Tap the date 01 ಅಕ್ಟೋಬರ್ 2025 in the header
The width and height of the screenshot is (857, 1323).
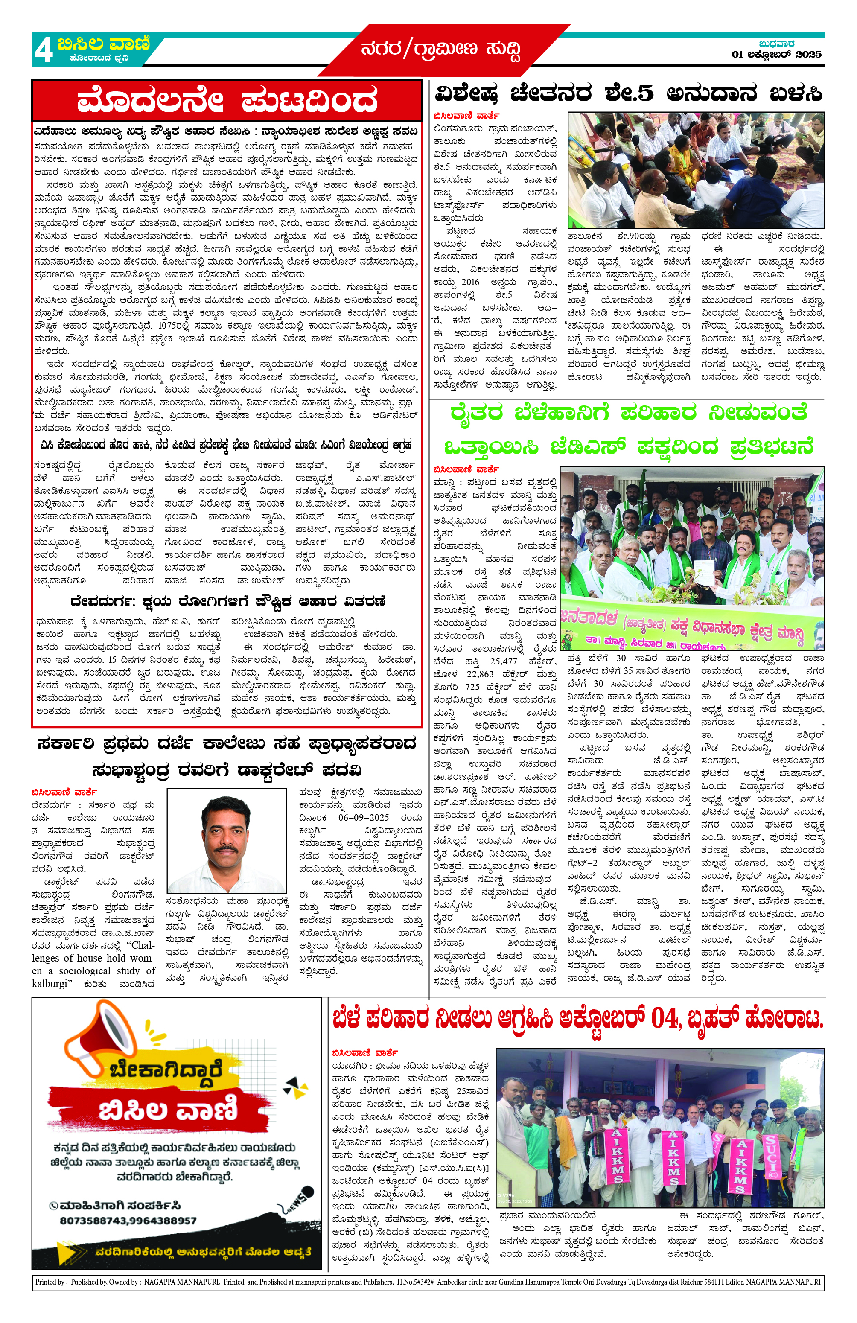776,55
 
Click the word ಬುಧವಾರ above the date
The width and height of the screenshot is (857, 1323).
776,44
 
